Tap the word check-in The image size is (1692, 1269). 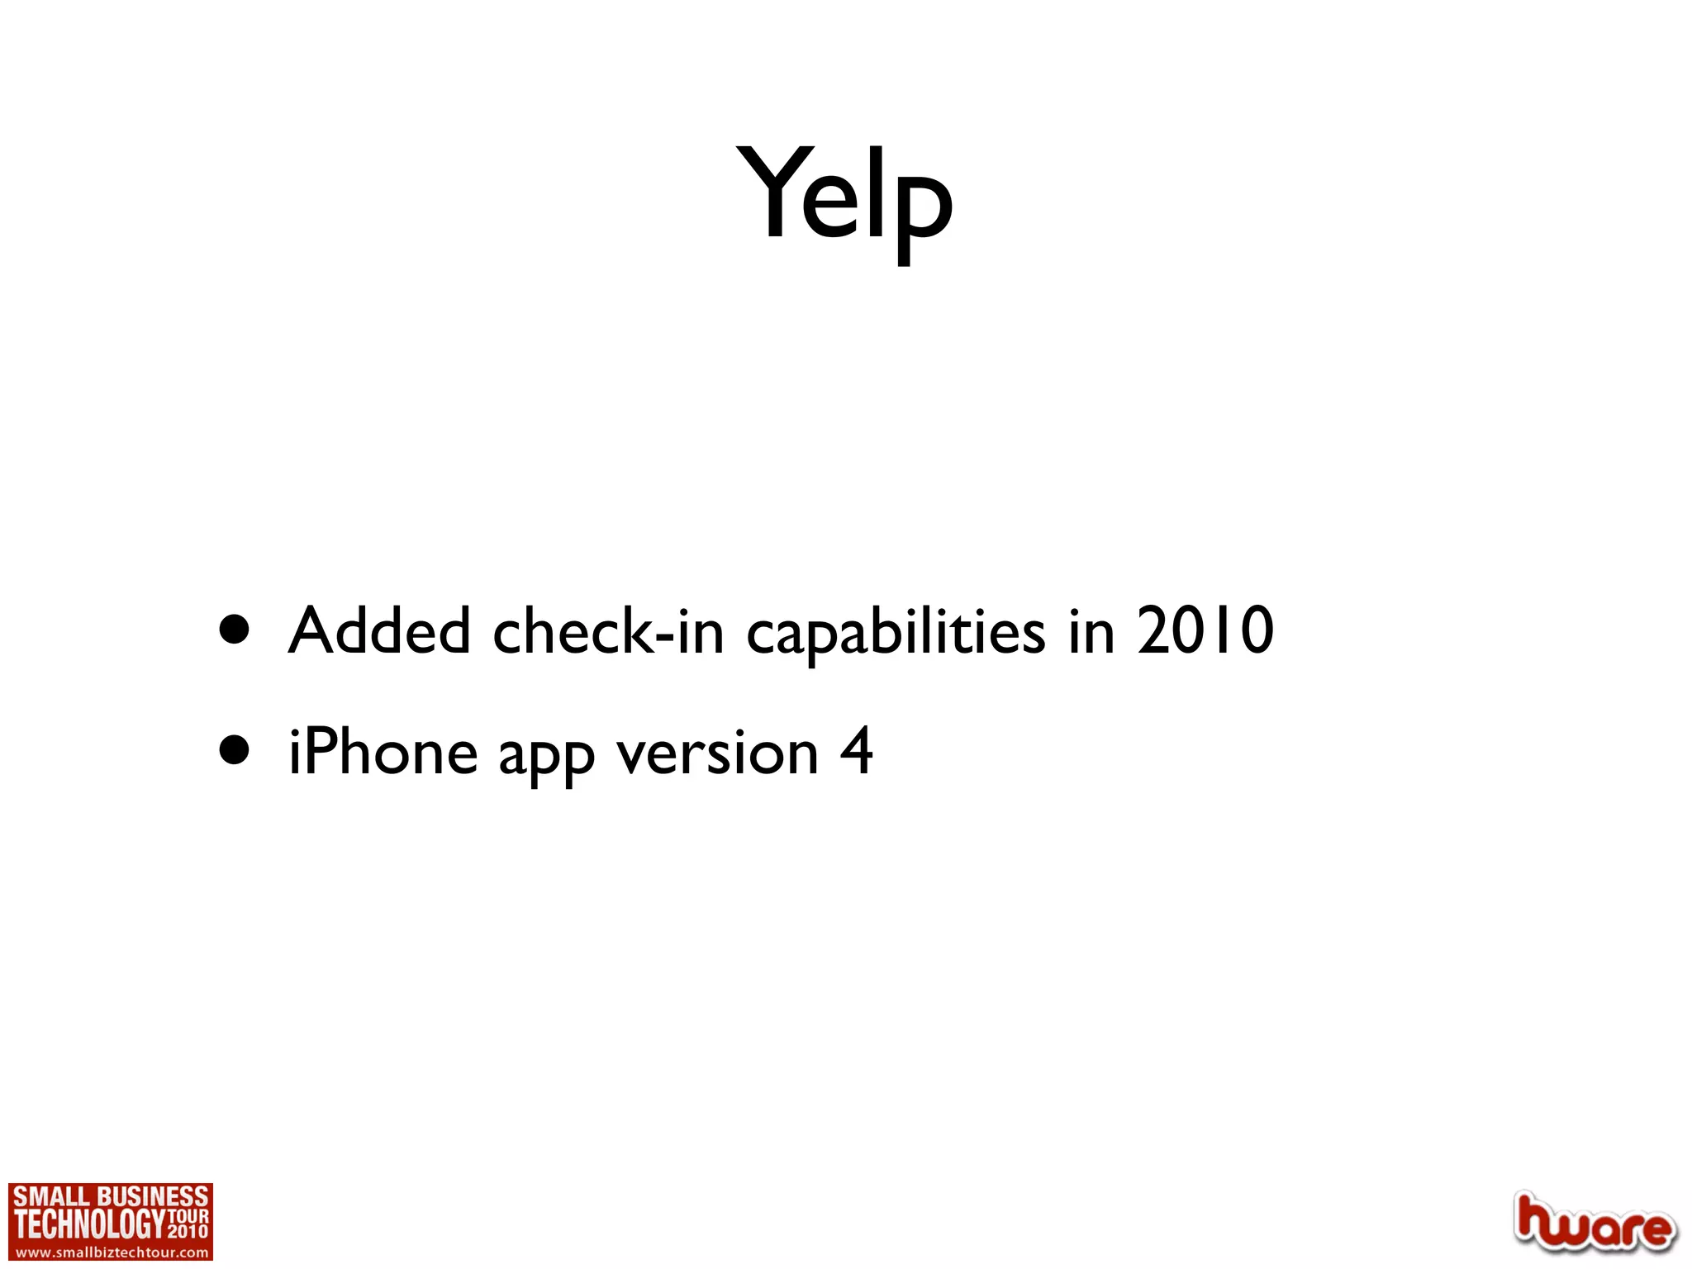608,631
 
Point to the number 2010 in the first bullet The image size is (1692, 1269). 1205,631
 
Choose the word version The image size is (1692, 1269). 718,753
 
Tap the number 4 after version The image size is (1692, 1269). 857,752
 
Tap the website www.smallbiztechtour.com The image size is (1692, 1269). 111,1252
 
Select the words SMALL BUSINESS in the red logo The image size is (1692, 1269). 111,1196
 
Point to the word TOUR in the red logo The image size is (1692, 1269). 188,1216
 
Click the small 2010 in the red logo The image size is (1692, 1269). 188,1231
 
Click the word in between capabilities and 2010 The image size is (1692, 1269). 1091,631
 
